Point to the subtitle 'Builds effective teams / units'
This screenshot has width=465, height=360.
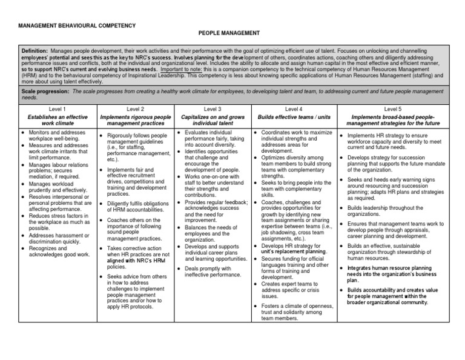pyautogui.click(x=293, y=116)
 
